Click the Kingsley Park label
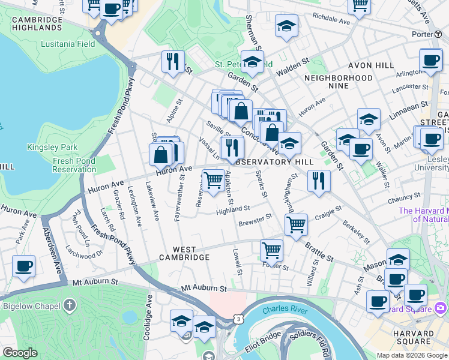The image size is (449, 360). (x=52, y=147)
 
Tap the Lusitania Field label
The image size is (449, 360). (x=68, y=44)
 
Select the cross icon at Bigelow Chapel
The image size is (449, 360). (x=70, y=305)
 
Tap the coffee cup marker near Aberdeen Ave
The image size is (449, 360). (x=23, y=266)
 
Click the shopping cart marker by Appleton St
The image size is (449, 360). (x=213, y=180)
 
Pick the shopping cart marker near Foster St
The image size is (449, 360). (x=271, y=249)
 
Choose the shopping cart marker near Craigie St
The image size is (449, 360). (x=295, y=225)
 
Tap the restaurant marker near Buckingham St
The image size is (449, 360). (x=319, y=180)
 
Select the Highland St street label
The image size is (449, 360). (x=233, y=209)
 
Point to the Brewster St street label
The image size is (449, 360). (x=255, y=221)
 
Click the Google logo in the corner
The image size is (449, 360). (x=20, y=353)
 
